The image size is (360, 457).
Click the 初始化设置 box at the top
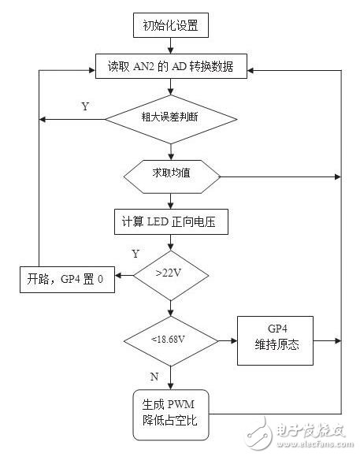click(171, 25)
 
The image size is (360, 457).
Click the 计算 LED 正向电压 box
click(171, 223)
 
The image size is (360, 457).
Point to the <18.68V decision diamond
click(171, 340)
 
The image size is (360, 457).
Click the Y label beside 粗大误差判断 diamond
click(84, 105)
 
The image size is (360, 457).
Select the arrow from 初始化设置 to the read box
click(171, 46)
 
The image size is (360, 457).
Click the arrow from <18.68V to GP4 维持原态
click(228, 340)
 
